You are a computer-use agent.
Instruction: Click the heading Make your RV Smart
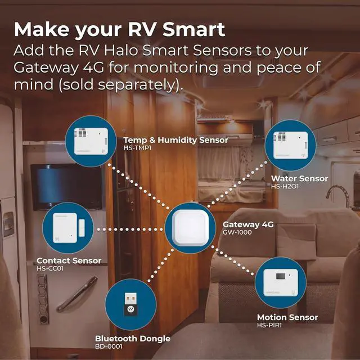(x=119, y=29)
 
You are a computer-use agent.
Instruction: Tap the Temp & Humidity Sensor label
(x=175, y=140)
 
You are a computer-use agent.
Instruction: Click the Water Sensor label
(x=299, y=178)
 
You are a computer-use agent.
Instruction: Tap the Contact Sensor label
(x=69, y=261)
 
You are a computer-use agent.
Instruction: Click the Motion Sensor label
(x=287, y=317)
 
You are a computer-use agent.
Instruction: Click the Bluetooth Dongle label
(x=132, y=339)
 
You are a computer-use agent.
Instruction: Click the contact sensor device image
(x=68, y=227)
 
